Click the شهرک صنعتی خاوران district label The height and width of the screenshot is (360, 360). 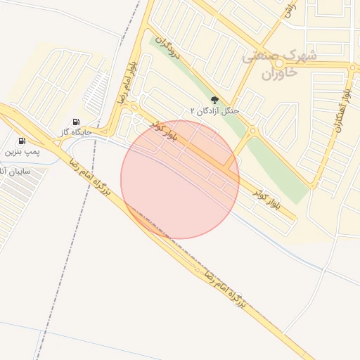(279, 64)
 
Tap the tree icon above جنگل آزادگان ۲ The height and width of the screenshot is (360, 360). (215, 100)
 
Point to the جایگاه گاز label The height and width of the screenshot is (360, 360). (75, 132)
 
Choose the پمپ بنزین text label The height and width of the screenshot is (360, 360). (23, 151)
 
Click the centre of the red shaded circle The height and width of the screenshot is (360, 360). (180, 179)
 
